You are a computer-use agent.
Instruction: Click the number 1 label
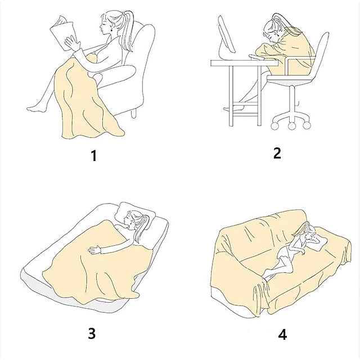(x=94, y=155)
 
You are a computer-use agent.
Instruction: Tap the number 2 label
(x=277, y=153)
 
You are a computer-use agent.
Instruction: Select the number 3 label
(x=92, y=334)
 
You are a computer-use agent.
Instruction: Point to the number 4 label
(x=282, y=335)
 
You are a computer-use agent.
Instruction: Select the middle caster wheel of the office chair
(x=291, y=125)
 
